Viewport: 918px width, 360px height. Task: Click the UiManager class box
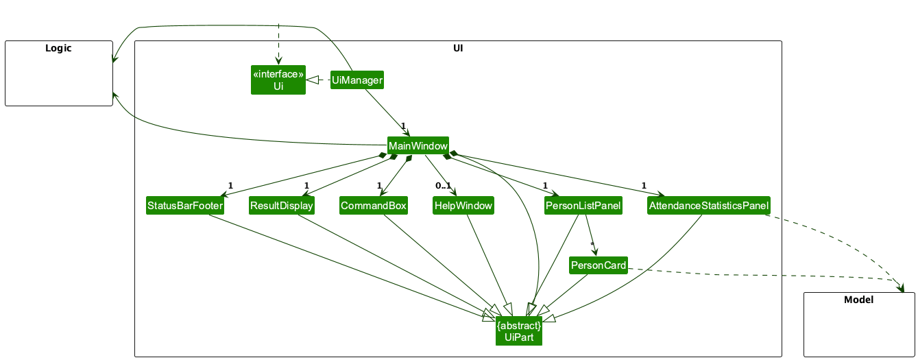click(x=357, y=80)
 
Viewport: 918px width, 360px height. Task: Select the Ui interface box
click(x=278, y=80)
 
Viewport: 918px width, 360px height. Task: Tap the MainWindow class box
click(x=418, y=146)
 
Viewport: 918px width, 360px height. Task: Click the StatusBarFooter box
click(x=185, y=206)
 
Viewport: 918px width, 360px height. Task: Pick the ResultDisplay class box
click(x=281, y=206)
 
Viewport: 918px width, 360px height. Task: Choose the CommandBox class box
click(x=374, y=206)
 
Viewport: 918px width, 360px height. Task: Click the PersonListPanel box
click(x=583, y=206)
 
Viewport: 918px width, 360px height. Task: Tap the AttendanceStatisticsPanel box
click(x=709, y=206)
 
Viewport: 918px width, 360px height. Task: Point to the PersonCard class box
click(x=598, y=265)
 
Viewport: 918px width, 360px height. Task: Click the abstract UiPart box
click(x=519, y=331)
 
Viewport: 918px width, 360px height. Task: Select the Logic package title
click(x=58, y=48)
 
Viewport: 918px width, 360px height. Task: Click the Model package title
click(x=858, y=300)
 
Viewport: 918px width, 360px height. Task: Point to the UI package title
click(x=457, y=48)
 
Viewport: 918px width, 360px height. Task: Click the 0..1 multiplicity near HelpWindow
click(x=443, y=186)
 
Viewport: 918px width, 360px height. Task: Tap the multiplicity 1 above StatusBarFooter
click(x=230, y=186)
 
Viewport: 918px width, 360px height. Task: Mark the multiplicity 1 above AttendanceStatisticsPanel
click(x=644, y=186)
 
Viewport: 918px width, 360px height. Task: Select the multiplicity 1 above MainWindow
click(x=404, y=126)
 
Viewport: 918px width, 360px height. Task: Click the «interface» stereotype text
click(x=278, y=74)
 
